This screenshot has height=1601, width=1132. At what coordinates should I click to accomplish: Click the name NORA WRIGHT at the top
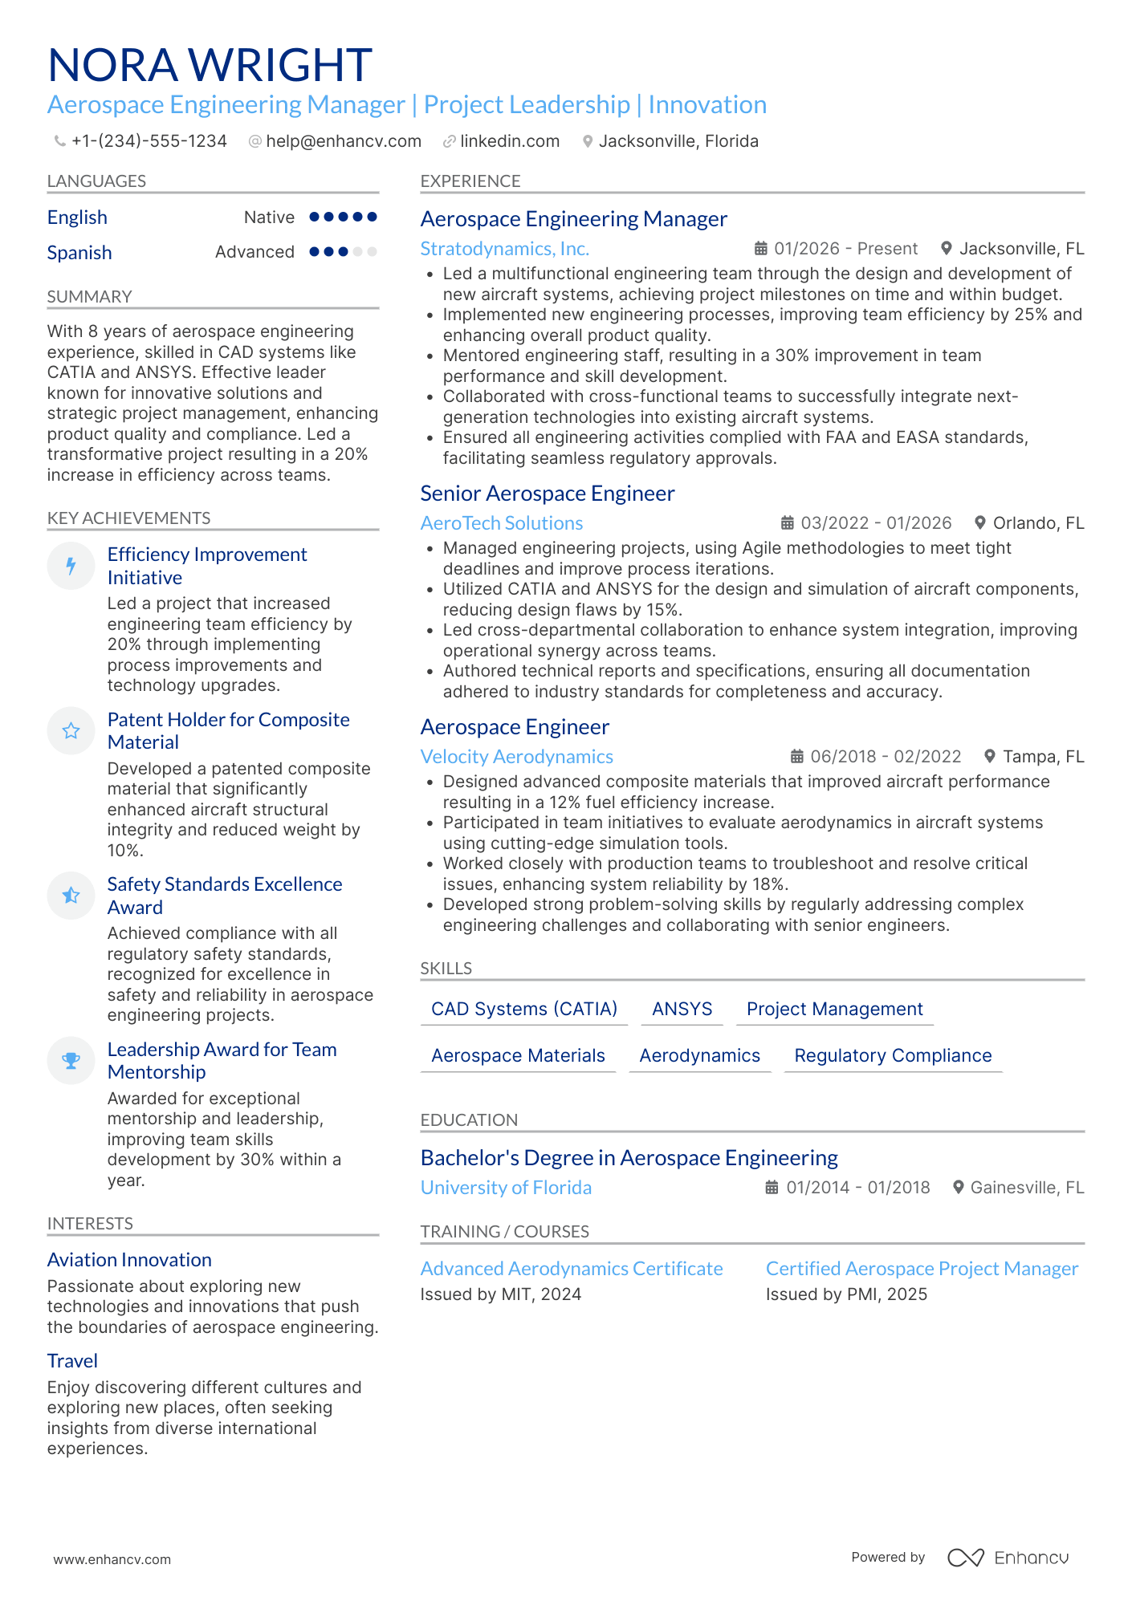tap(210, 65)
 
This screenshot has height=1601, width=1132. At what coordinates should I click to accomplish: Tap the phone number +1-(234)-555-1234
tap(149, 141)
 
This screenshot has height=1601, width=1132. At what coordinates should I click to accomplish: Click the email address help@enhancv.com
tap(343, 141)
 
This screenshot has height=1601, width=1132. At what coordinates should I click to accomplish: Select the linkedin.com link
tap(509, 141)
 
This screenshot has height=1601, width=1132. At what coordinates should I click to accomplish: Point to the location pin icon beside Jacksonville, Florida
tap(588, 141)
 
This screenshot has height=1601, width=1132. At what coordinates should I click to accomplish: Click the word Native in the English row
tap(269, 217)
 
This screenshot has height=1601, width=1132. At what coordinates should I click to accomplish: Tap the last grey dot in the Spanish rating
tap(372, 252)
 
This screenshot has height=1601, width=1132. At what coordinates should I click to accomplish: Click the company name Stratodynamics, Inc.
tap(504, 249)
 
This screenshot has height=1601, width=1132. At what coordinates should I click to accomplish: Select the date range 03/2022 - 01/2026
tap(876, 523)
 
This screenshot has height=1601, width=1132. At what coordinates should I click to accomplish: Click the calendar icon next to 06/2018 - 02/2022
tap(796, 756)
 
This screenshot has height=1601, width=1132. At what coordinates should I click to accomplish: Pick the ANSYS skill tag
tap(682, 1009)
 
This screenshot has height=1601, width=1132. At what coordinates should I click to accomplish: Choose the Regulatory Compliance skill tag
tap(893, 1055)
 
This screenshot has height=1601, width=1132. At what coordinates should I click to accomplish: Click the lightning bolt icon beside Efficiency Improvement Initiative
tap(71, 566)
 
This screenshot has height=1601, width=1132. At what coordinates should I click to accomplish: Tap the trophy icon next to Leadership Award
tap(71, 1061)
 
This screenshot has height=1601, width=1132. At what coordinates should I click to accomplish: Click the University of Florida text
tap(506, 1188)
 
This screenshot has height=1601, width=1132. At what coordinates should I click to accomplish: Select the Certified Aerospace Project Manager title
tap(922, 1269)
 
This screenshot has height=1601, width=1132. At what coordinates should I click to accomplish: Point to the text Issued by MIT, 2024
tap(500, 1294)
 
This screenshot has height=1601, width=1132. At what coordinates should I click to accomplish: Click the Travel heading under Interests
tap(72, 1361)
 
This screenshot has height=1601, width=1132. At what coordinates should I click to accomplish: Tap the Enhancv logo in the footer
tap(1008, 1558)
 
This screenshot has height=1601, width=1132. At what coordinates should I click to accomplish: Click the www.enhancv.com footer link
tap(112, 1559)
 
